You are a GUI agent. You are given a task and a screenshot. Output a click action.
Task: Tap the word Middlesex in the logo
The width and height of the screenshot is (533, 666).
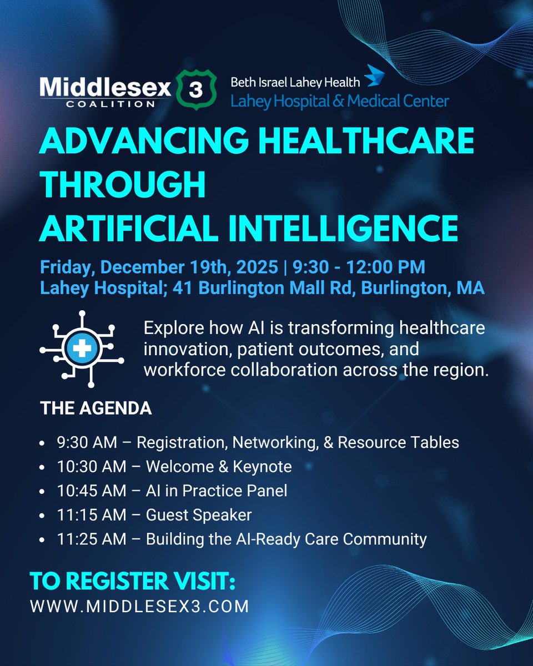click(x=105, y=86)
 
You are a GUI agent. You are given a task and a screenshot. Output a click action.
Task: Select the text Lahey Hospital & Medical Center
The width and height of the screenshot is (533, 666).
click(x=340, y=100)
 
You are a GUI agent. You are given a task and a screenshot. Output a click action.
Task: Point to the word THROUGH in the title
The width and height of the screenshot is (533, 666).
click(x=122, y=185)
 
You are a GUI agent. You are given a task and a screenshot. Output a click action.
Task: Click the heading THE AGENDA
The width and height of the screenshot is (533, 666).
click(x=96, y=408)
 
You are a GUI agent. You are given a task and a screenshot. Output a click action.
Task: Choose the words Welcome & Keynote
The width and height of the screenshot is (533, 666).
click(x=219, y=467)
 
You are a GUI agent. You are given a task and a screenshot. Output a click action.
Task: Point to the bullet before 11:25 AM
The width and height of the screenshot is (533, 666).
click(x=44, y=539)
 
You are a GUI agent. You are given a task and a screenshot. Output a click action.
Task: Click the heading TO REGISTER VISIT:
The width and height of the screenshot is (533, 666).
click(x=133, y=583)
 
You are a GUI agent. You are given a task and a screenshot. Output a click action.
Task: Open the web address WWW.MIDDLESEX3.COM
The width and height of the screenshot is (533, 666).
click(x=139, y=607)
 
